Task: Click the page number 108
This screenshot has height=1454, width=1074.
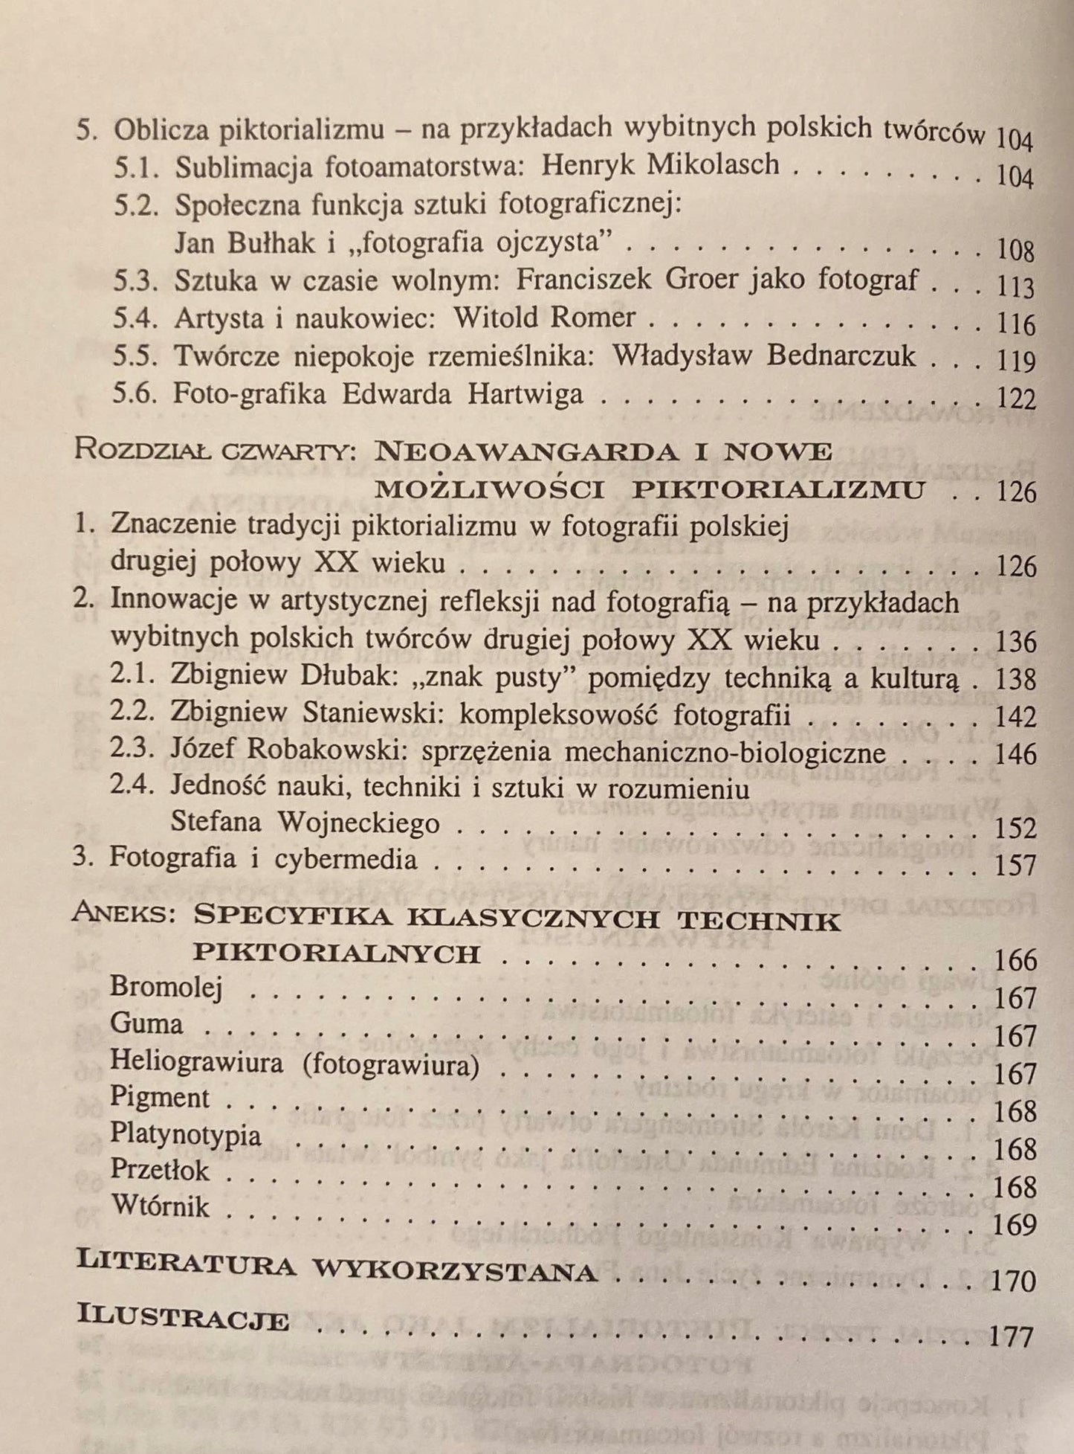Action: click(x=1015, y=250)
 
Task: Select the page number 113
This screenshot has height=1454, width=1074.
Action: click(x=1016, y=287)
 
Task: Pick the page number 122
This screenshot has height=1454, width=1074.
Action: click(x=1016, y=399)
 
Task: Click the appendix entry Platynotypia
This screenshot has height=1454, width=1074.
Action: click(x=186, y=1134)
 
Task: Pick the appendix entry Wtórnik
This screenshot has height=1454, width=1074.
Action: click(x=160, y=1206)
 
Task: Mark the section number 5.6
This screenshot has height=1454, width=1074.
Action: click(x=135, y=394)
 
